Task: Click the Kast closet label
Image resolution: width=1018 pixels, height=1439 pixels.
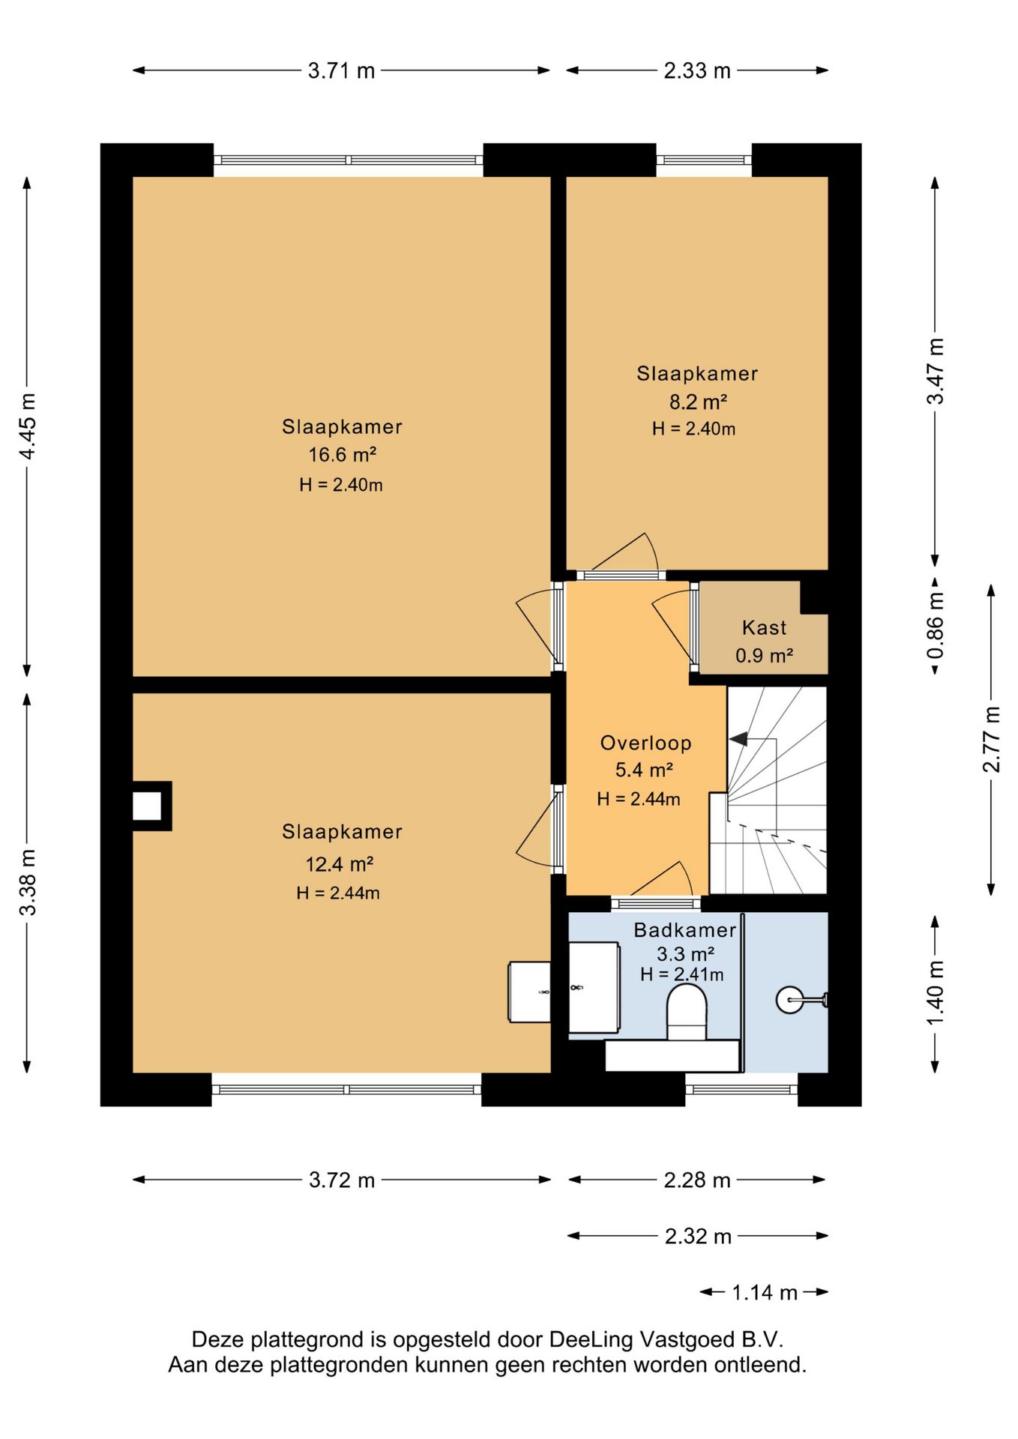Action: point(764,627)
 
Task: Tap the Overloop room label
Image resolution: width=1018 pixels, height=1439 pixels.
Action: point(645,743)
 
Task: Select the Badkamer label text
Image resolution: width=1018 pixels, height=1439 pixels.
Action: point(685,930)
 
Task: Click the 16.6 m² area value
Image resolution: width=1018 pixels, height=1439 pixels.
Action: point(342,455)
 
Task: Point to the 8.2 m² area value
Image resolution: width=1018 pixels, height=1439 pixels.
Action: point(698,402)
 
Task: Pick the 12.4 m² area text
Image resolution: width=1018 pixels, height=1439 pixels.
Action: point(339,864)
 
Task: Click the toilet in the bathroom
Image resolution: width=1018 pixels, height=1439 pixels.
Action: point(687,1012)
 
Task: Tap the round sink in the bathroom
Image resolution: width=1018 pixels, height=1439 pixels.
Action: point(789,999)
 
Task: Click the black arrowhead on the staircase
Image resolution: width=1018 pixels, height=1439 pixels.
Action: point(739,739)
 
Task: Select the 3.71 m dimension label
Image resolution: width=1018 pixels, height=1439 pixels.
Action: point(341,70)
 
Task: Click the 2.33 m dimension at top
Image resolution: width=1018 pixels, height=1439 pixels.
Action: point(697,70)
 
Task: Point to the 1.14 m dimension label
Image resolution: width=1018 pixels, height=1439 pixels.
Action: point(765,1292)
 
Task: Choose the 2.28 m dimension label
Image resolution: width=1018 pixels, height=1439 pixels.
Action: point(697,1180)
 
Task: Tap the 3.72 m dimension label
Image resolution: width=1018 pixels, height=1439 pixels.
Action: point(342,1180)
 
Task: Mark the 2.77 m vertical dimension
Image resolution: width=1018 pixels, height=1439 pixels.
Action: point(991,739)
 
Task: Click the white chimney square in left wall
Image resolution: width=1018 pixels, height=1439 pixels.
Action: point(147,806)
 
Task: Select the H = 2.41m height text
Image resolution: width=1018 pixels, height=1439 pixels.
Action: point(682,974)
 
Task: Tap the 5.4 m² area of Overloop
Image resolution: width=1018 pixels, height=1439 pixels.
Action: point(644,770)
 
